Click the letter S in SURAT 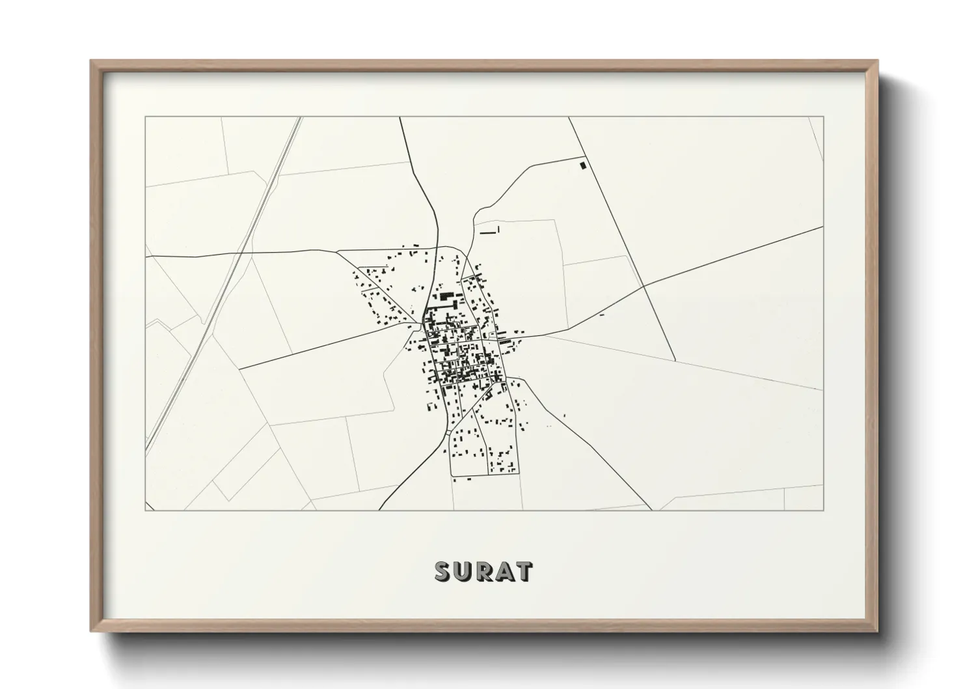click(442, 572)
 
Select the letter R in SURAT click(483, 572)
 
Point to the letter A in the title click(504, 572)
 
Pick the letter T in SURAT click(524, 572)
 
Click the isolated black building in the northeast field click(583, 165)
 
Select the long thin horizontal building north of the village click(487, 232)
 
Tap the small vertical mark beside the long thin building click(498, 229)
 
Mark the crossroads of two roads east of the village click(643, 286)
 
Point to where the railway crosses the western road click(243, 251)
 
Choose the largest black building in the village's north click(446, 296)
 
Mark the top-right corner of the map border click(823, 117)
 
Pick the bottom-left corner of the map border click(145, 510)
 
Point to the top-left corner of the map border click(145, 117)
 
